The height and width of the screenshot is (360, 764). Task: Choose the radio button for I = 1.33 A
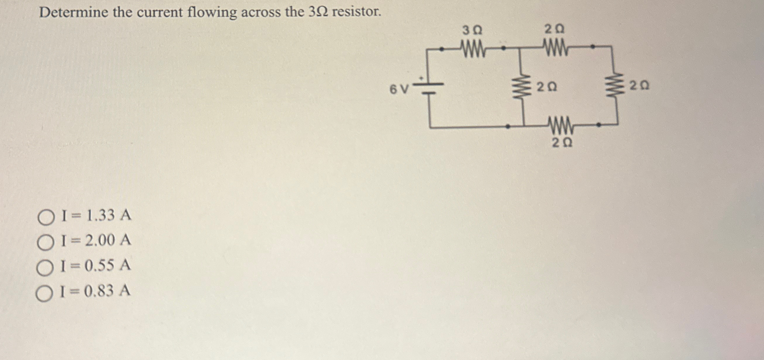46,217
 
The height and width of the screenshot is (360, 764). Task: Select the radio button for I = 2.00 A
46,243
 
